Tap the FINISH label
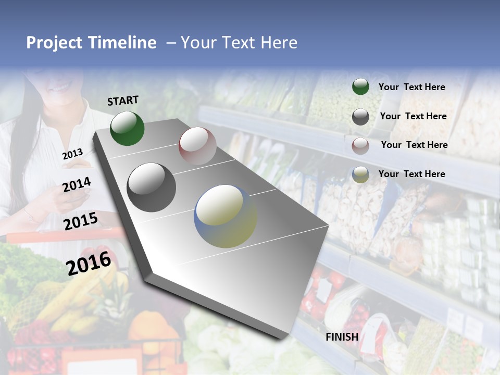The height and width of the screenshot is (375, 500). tap(342, 336)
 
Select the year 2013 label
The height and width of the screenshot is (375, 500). tap(72, 154)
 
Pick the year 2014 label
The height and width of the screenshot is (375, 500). tap(77, 184)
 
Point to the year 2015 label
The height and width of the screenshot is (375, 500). tap(81, 221)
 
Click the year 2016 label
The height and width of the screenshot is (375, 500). tap(89, 263)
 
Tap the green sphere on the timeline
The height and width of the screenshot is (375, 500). tap(127, 128)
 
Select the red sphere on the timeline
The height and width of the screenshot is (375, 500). tap(197, 146)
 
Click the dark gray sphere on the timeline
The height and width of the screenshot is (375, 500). tap(152, 187)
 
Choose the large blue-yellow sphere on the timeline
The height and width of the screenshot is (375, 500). tap(226, 216)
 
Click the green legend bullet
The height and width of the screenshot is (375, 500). tap(360, 86)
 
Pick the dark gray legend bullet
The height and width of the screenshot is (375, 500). tap(360, 117)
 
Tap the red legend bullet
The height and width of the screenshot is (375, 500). tap(360, 146)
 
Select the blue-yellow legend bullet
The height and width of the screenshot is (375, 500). tap(360, 174)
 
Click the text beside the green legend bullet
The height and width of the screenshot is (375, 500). tap(411, 87)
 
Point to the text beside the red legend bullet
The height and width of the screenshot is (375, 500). tap(414, 145)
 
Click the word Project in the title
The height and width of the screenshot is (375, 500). tap(54, 43)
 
